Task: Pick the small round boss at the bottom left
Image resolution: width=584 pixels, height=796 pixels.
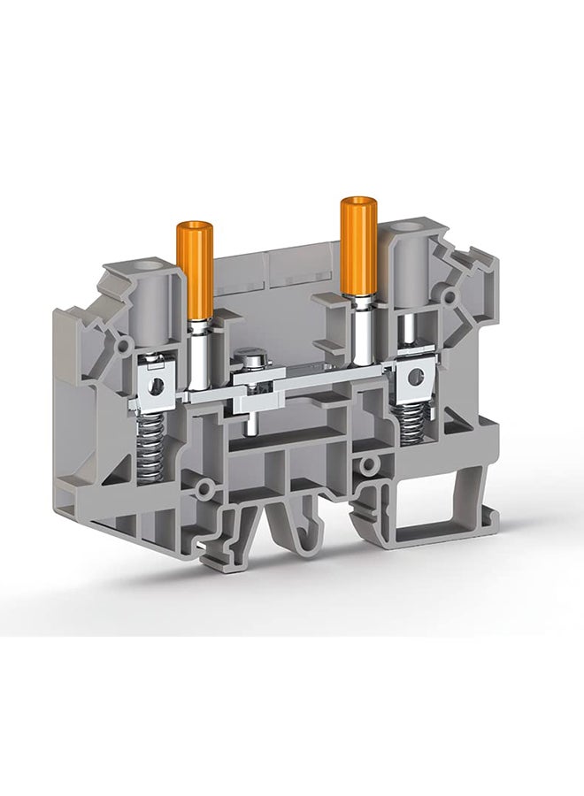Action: click(x=204, y=487)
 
